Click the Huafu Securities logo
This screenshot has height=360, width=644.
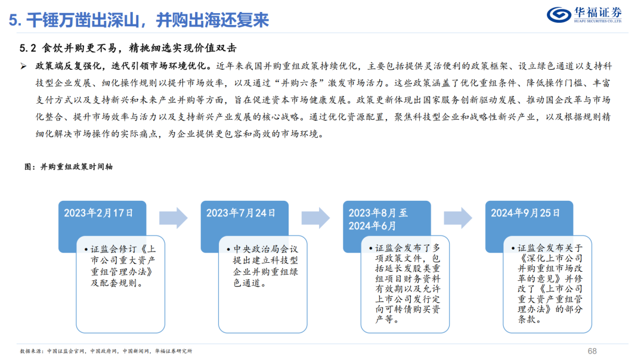(x=584, y=14)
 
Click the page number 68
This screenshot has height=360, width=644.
(x=592, y=350)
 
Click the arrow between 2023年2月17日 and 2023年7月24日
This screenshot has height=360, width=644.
(x=173, y=218)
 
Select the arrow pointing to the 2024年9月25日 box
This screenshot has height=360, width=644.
(x=458, y=218)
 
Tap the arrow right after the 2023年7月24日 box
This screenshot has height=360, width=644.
(x=315, y=218)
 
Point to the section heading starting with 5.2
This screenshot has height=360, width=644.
(x=131, y=48)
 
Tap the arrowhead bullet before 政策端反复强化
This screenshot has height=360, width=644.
(x=23, y=65)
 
